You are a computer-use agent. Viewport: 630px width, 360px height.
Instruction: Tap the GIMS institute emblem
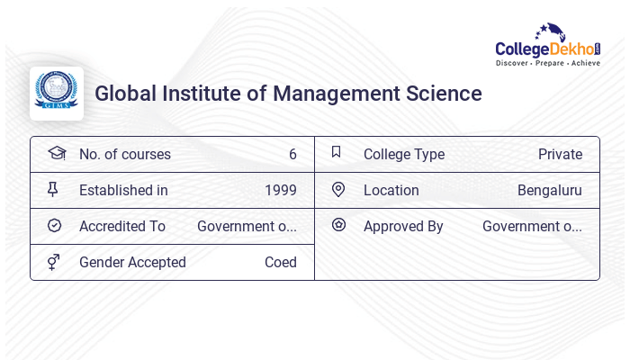57,93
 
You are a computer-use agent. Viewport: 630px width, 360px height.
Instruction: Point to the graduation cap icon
57,153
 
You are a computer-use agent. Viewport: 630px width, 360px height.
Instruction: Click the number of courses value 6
292,154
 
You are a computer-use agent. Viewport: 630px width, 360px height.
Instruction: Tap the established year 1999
281,190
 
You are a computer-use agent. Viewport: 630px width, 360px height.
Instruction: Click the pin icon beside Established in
53,189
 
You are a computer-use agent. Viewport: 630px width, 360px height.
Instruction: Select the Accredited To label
122,226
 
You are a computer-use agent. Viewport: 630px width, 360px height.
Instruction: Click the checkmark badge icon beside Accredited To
54,225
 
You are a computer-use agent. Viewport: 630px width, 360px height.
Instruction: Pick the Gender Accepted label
132,262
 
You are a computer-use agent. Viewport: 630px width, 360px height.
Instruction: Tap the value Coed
281,262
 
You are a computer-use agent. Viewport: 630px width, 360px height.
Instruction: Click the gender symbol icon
54,262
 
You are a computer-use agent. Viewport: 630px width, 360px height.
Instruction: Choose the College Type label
404,154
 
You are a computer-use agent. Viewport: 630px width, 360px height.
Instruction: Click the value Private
560,154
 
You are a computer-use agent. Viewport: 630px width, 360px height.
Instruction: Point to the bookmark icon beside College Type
336,152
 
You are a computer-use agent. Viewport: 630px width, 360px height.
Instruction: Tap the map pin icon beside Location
338,189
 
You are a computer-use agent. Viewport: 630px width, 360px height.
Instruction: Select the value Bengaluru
550,190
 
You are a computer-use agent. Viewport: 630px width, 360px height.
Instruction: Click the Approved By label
403,226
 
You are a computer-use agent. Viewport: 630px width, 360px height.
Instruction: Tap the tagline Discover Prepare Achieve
547,63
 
